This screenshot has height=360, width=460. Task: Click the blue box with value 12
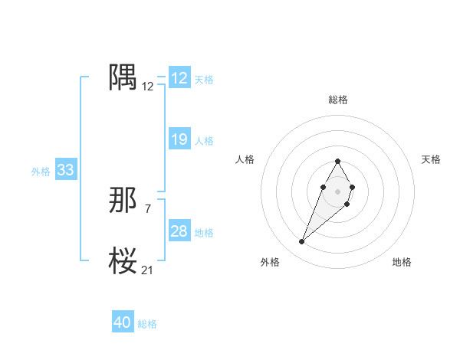(179, 78)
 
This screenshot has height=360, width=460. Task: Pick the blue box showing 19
(179, 139)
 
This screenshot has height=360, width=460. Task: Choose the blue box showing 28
(179, 231)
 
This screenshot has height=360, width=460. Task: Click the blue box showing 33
(66, 170)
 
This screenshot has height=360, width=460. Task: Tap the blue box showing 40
(123, 322)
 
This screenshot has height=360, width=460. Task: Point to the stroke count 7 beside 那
(147, 208)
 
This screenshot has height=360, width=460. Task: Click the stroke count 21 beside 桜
(147, 270)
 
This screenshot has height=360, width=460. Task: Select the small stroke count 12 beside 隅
(147, 87)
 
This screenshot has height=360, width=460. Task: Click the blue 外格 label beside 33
(41, 172)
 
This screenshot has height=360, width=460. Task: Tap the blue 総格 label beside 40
(147, 324)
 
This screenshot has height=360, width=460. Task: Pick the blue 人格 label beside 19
(204, 141)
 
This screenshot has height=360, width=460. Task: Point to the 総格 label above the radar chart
(337, 100)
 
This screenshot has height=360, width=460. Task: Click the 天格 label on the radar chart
(431, 159)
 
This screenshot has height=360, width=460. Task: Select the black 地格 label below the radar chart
(402, 262)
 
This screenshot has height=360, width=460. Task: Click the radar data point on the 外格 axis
(302, 242)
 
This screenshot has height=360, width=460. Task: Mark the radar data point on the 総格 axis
(337, 161)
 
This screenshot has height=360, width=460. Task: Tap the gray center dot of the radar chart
(337, 190)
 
